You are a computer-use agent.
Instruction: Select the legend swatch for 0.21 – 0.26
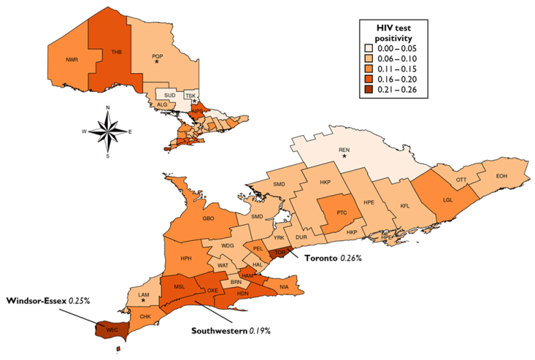pyautogui.click(x=367, y=91)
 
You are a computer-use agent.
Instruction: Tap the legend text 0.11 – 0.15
pyautogui.click(x=396, y=70)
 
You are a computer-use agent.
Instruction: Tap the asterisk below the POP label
pyautogui.click(x=157, y=63)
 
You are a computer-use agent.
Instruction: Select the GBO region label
pyautogui.click(x=208, y=219)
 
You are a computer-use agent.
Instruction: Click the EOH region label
pyautogui.click(x=502, y=176)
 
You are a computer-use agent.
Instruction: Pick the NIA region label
pyautogui.click(x=284, y=287)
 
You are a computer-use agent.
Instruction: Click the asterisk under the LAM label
pyautogui.click(x=144, y=301)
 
